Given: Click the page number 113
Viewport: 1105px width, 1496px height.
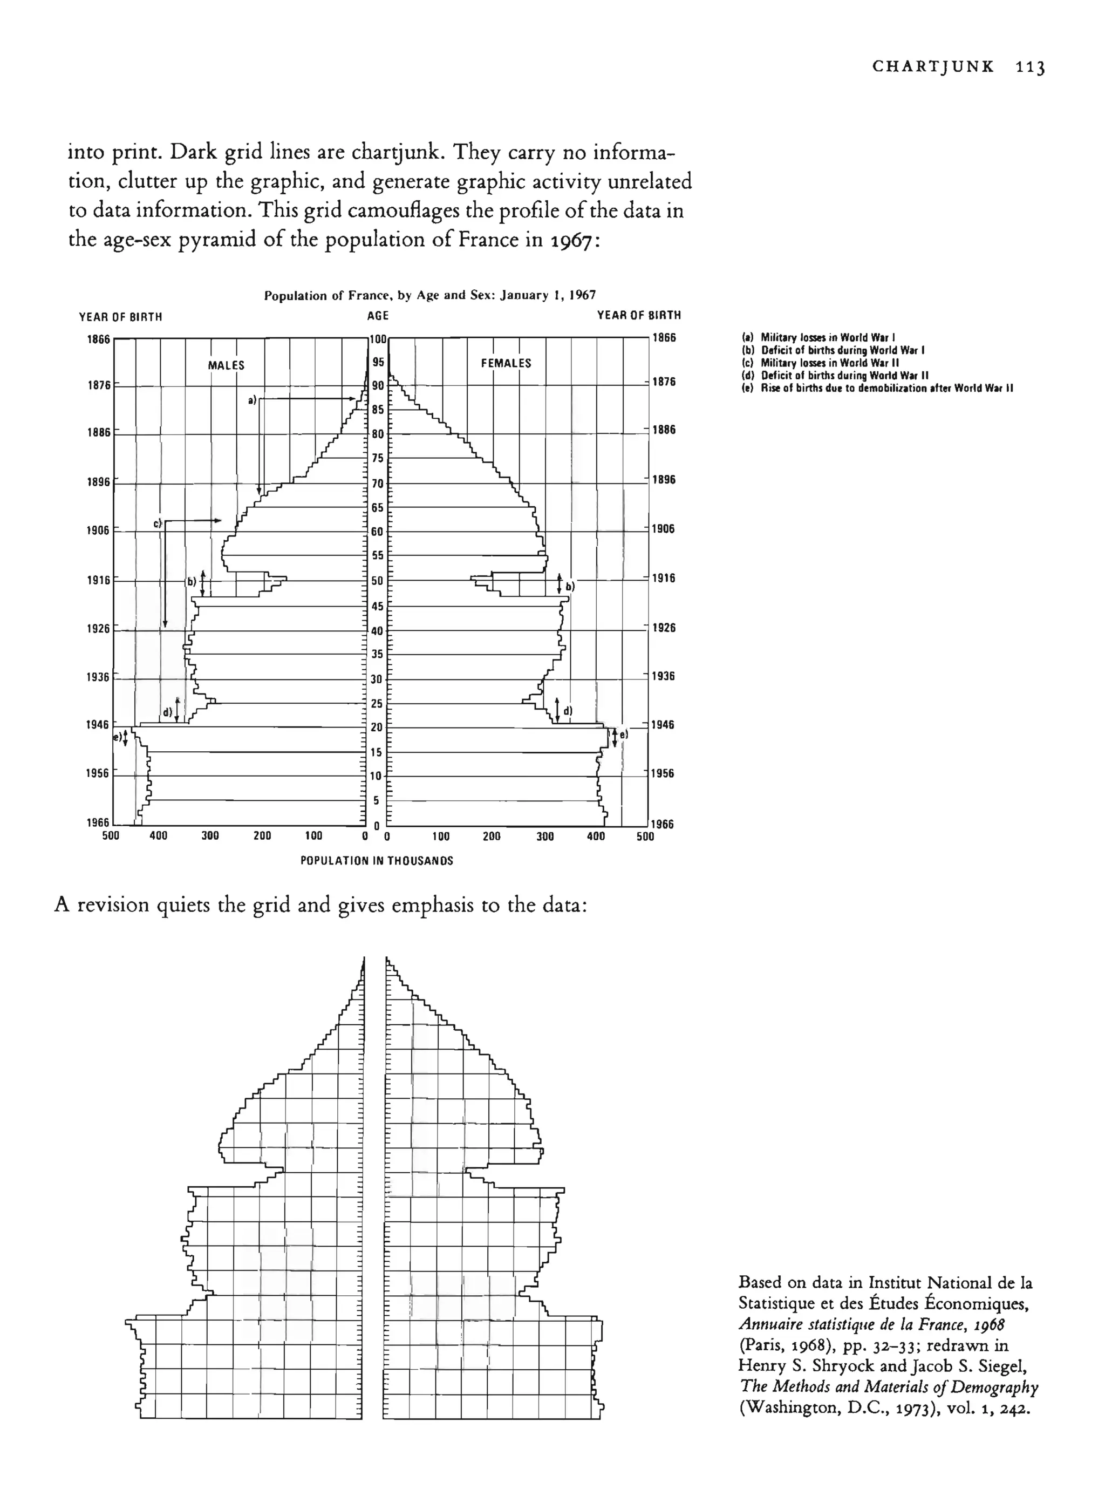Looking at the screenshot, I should pyautogui.click(x=1029, y=67).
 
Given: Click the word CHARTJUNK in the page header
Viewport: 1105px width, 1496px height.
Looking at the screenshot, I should pyautogui.click(x=933, y=67).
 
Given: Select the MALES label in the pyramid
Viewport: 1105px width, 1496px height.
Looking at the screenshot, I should pyautogui.click(x=226, y=365).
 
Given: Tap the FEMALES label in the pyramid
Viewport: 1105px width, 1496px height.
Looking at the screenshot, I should pyautogui.click(x=506, y=363).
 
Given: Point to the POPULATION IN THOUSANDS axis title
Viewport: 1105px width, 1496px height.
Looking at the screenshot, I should pyautogui.click(x=377, y=861).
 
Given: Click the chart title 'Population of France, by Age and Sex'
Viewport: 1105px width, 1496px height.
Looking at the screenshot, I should pyautogui.click(x=429, y=295).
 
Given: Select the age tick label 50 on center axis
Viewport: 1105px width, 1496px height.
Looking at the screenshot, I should pyautogui.click(x=377, y=581).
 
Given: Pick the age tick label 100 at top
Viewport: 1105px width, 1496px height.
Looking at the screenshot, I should pyautogui.click(x=378, y=338).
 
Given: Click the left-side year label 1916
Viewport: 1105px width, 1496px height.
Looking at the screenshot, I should pyautogui.click(x=98, y=580).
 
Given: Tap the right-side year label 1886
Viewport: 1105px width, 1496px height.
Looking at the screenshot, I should pyautogui.click(x=664, y=430).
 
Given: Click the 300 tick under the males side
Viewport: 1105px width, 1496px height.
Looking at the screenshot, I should pyautogui.click(x=210, y=835).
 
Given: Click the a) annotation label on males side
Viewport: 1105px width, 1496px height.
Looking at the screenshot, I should pyautogui.click(x=252, y=400).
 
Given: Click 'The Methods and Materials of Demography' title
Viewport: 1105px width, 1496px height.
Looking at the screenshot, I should pyautogui.click(x=889, y=1387).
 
